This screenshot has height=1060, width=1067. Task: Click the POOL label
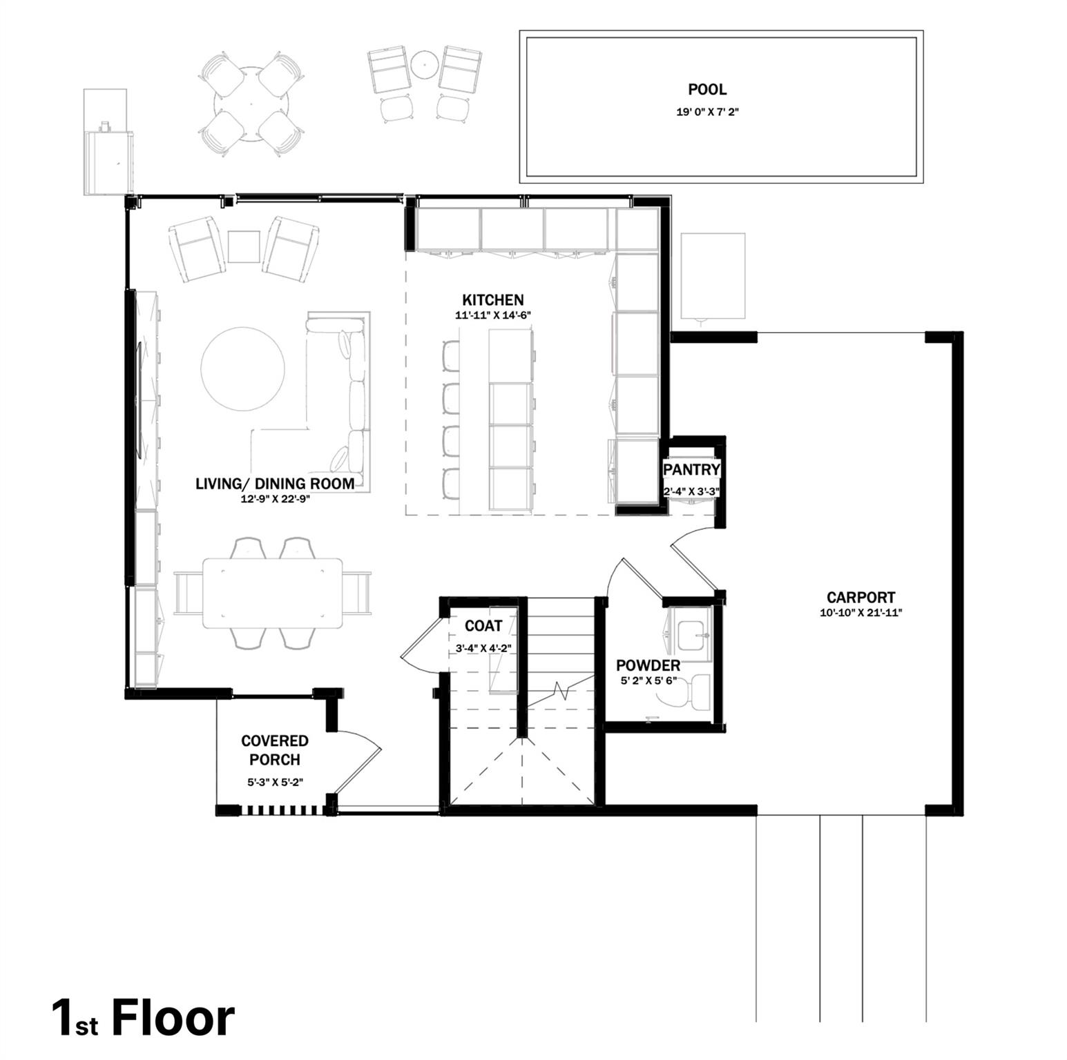coord(706,90)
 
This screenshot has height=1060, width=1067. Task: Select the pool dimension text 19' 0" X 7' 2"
coord(707,112)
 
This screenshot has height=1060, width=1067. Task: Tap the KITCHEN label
coord(492,300)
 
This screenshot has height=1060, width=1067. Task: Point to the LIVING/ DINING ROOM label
coord(275,484)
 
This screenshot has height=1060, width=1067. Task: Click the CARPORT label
coord(861,598)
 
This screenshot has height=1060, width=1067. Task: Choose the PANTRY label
coord(691,470)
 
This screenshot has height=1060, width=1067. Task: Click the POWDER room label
coord(648,666)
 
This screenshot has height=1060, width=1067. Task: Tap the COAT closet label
coord(483,626)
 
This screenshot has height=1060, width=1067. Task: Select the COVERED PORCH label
coord(275,750)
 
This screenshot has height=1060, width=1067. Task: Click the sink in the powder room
coord(693,636)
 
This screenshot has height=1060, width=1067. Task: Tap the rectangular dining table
coord(272,592)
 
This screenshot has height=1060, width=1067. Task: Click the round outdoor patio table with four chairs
coord(251,105)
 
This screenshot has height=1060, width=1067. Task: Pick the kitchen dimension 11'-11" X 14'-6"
coord(492,315)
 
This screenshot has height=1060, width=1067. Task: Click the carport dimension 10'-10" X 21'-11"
coord(861,613)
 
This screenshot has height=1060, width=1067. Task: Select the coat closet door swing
coord(420,642)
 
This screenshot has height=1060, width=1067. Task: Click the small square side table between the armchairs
coord(244,246)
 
